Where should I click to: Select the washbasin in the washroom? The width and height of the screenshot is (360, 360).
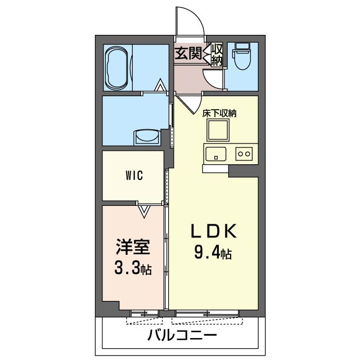(147, 138)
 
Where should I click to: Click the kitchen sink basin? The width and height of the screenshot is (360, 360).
(216, 154)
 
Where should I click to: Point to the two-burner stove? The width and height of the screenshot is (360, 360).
(244, 154)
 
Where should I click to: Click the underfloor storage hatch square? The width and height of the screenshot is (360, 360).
(218, 130)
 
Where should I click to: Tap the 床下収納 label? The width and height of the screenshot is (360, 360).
(219, 114)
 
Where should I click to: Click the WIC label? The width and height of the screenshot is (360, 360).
(134, 176)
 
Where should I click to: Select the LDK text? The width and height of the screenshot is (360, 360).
(214, 231)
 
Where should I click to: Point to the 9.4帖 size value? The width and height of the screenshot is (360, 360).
(213, 252)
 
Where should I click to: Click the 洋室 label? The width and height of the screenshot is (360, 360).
(133, 247)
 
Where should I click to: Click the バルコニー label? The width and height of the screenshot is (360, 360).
(182, 335)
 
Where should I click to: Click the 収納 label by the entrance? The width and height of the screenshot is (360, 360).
(217, 55)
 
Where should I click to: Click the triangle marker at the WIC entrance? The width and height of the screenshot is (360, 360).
(144, 211)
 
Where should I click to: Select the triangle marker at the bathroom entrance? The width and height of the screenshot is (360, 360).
(160, 85)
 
